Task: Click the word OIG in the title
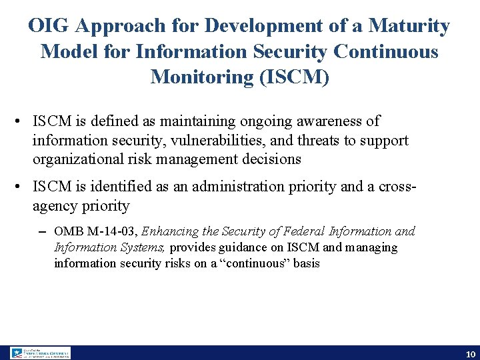click(x=50, y=26)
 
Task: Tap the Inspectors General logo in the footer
click(x=40, y=353)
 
